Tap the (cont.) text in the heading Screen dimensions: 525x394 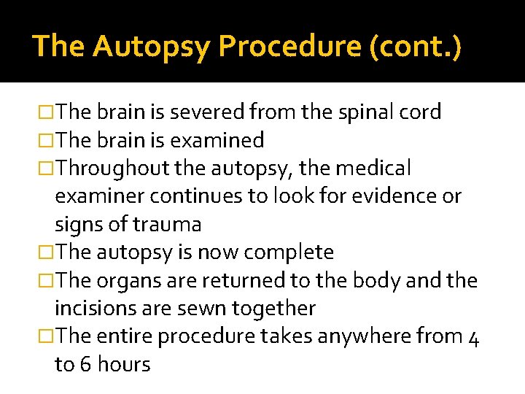416,47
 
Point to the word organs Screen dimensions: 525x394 130,280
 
